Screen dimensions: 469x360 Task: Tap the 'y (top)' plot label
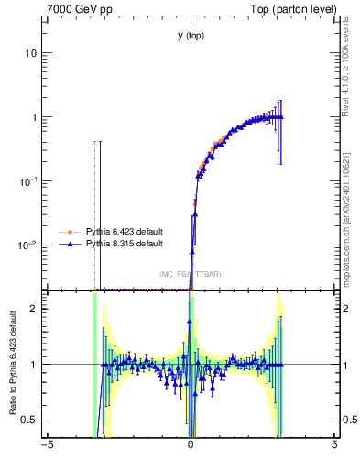191,36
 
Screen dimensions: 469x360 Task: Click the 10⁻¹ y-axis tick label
28,180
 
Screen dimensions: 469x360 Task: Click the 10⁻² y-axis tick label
28,245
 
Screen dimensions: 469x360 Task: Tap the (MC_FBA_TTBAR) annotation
191,274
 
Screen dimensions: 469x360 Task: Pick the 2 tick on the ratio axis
35,309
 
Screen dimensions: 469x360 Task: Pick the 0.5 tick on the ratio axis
30,420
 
